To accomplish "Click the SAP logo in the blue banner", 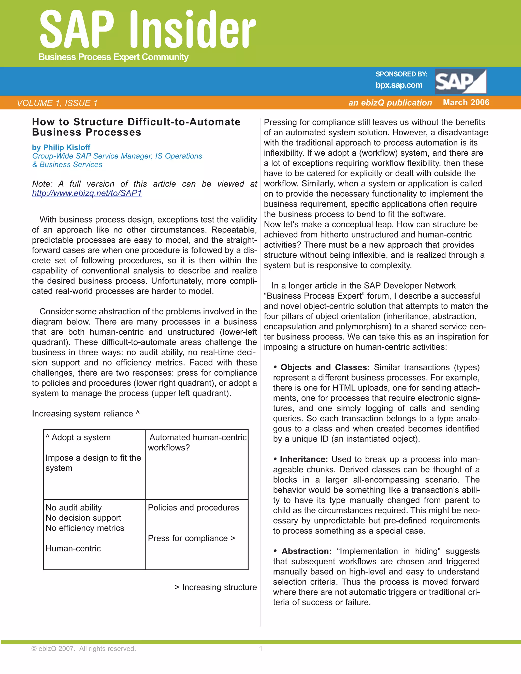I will pos(460,81).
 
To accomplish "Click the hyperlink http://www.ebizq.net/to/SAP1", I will pos(87,193).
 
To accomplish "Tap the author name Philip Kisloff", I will pos(67,148).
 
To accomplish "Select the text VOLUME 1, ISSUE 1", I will pos(57,103).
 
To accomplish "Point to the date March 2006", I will pos(466,102).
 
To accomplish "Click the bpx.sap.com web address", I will pos(399,85).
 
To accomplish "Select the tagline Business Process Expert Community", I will pos(113,57).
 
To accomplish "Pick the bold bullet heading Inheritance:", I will pos(303,459).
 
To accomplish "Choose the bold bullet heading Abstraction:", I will pos(306,551).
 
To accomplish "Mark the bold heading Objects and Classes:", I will pos(325,367).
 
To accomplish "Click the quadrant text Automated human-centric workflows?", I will pos(197,442).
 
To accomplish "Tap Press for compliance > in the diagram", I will pos(191,538).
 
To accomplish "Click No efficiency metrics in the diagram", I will pos(85,528).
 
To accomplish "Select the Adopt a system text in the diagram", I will pos(78,437).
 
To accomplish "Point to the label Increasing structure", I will pos(216,587).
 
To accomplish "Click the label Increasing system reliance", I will pos(85,414).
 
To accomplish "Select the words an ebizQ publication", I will pos(390,103).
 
